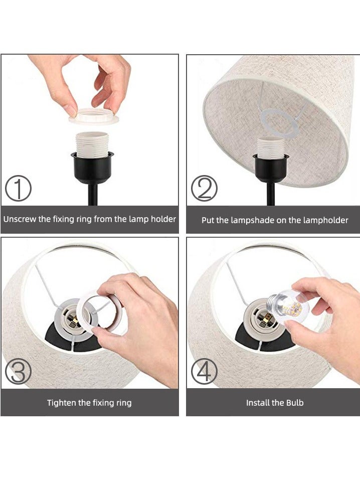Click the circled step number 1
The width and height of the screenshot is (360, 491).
[18, 190]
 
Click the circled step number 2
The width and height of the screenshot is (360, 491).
[204, 190]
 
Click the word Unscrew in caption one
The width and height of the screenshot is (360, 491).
[20, 219]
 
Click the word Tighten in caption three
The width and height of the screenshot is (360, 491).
[62, 403]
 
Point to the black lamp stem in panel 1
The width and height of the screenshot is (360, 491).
[92, 193]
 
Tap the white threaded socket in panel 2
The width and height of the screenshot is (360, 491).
[271, 148]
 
